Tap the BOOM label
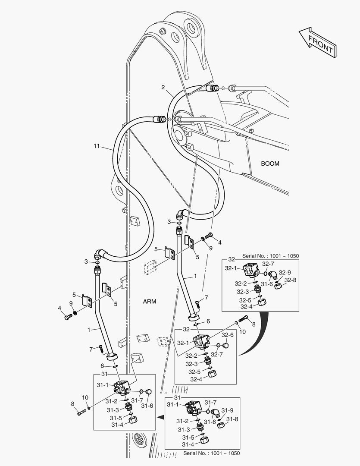[270, 164]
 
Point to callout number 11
[97, 147]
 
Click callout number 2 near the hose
[163, 87]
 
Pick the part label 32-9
[285, 272]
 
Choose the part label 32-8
[291, 280]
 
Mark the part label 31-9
[227, 410]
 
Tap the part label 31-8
[232, 419]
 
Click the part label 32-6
[228, 334]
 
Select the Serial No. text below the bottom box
[212, 453]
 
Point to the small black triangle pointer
[160, 417]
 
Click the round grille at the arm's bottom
[141, 441]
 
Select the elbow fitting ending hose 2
[181, 214]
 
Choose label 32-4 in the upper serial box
[247, 307]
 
